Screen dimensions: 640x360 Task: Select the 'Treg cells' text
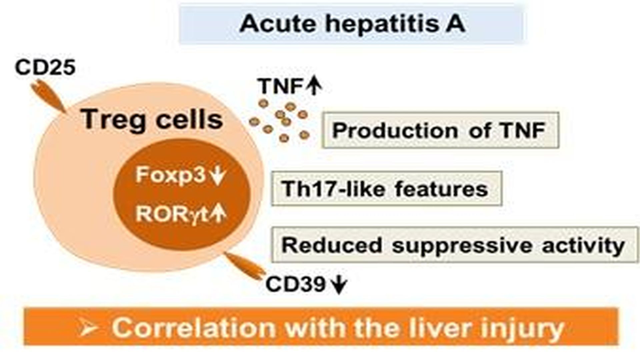pos(152,119)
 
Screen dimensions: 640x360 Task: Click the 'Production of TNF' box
pos(440,130)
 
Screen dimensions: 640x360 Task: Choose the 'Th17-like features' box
pos(386,188)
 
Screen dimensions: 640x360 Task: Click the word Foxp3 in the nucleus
pos(170,174)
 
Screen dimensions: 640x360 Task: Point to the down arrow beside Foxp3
pos(218,176)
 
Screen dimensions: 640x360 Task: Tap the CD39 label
pos(295,284)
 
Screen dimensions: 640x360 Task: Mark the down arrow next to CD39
pos(339,285)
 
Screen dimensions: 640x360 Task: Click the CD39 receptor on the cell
pos(243,265)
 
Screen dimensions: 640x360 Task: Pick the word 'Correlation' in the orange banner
pos(193,328)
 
